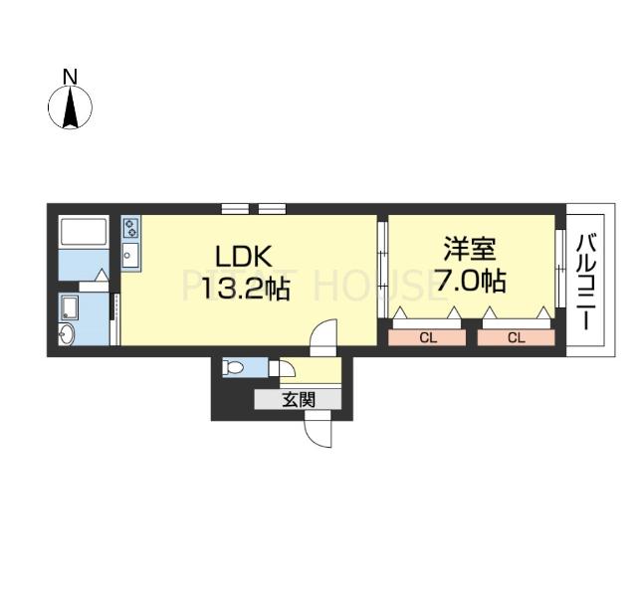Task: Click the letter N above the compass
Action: pyautogui.click(x=71, y=77)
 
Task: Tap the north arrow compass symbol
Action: pyautogui.click(x=71, y=107)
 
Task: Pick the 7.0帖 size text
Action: pyautogui.click(x=470, y=282)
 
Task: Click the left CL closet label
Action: pyautogui.click(x=427, y=338)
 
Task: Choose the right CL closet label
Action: pyautogui.click(x=516, y=338)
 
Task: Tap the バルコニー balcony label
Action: pyautogui.click(x=586, y=283)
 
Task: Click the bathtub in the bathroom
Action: pyautogui.click(x=84, y=232)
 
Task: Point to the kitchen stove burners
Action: pyautogui.click(x=130, y=230)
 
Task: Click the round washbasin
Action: pyautogui.click(x=67, y=334)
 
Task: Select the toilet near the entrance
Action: pyautogui.click(x=235, y=367)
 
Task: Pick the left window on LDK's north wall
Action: pyautogui.click(x=235, y=209)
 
